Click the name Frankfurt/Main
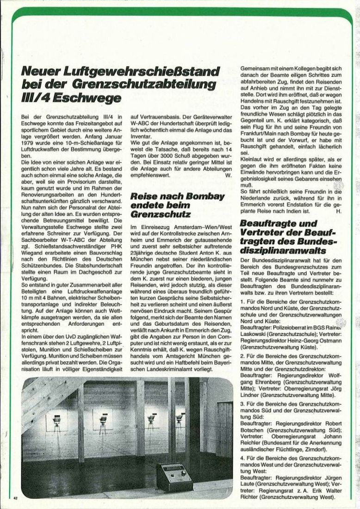[x=260, y=125]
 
